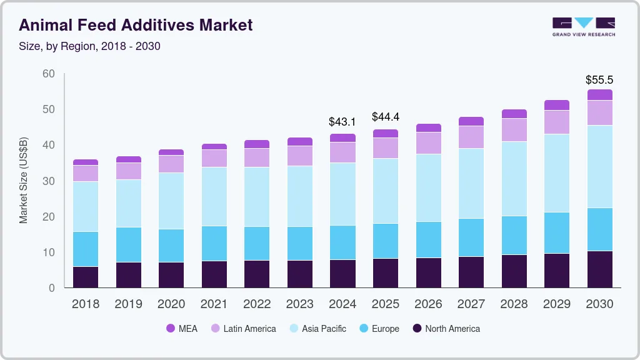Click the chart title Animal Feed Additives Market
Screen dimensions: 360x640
136,25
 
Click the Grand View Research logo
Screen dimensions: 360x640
583,26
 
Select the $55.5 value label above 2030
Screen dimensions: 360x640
599,80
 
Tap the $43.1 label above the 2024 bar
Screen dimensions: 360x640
342,122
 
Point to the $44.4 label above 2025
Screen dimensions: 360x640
386,117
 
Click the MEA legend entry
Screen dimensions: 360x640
182,328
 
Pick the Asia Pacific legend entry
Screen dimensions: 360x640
317,328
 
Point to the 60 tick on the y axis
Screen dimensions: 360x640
48,74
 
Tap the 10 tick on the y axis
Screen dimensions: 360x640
48,252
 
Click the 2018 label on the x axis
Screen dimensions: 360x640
86,304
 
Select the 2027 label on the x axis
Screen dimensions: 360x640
471,304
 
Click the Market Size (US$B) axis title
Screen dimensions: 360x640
24,181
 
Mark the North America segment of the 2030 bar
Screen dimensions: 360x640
599,269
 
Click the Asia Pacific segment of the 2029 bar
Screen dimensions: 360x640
557,173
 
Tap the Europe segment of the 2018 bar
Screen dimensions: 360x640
86,249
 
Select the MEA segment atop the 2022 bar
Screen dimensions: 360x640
257,144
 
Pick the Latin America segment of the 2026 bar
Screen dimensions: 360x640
428,143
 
